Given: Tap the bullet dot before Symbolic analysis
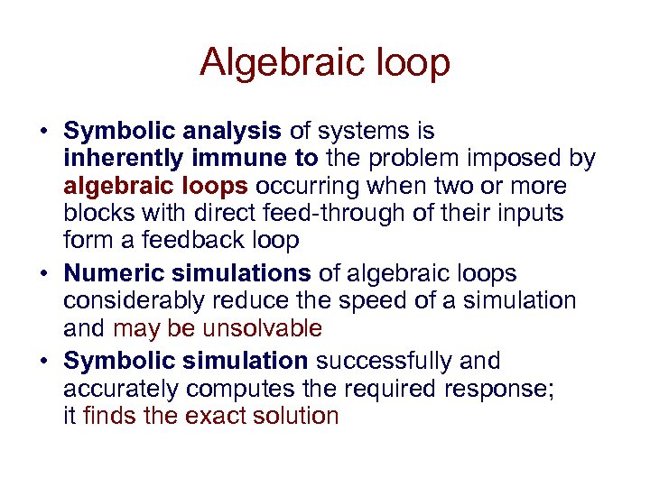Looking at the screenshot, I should coord(42,132).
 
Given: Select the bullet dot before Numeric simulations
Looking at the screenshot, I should coord(42,273).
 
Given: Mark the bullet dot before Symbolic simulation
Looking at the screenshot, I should coord(42,362).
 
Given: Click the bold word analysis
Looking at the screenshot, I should coord(236,132).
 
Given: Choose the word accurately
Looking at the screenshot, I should coord(116,389).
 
